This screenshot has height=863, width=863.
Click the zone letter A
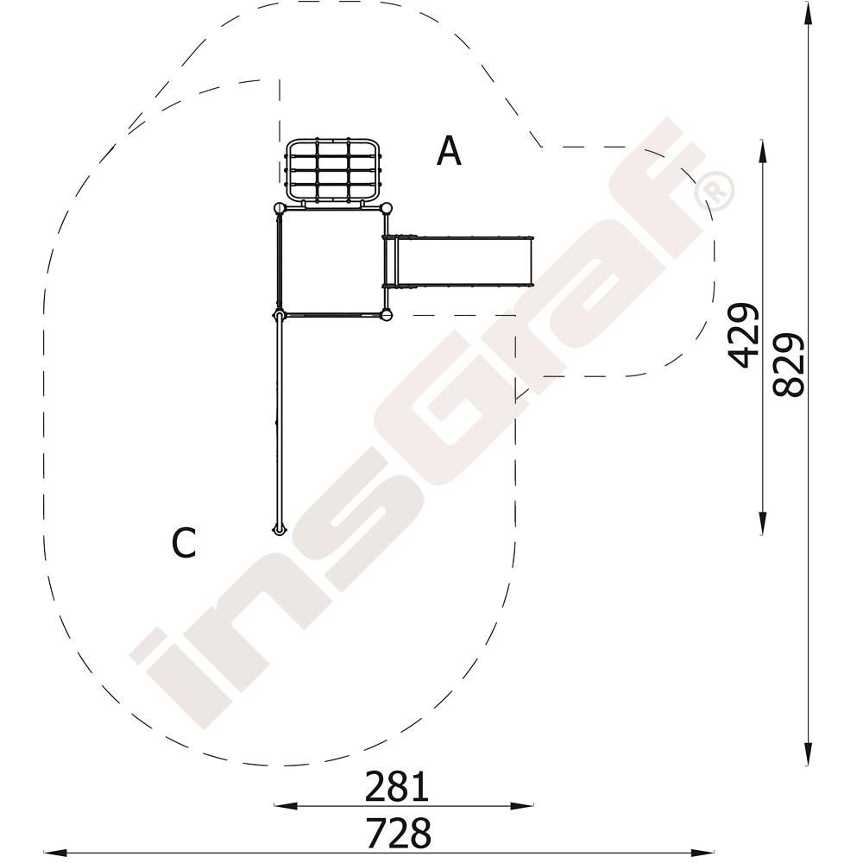(449, 151)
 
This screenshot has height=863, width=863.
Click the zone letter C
(184, 543)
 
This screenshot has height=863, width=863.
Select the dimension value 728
(399, 834)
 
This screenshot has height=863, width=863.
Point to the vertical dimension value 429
(743, 335)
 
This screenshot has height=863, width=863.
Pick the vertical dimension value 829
(789, 365)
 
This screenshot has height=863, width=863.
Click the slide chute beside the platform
(458, 261)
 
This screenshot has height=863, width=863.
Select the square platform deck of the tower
(332, 262)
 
